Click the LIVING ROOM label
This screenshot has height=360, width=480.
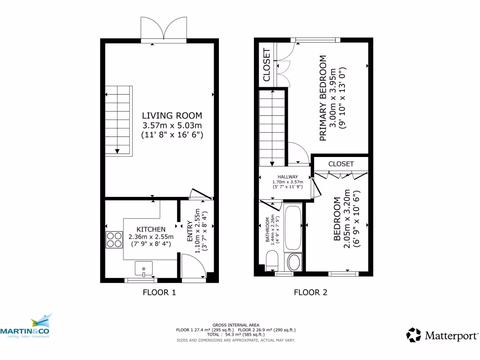(x=172, y=116)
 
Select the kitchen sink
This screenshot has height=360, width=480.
(x=144, y=269)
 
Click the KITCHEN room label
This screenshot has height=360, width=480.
(x=151, y=229)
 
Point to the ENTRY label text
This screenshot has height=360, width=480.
(x=190, y=232)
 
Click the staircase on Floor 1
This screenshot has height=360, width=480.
(x=118, y=120)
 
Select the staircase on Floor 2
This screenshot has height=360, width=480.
(x=272, y=128)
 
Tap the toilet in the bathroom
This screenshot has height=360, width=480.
(x=272, y=261)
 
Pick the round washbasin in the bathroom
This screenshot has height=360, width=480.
(x=294, y=262)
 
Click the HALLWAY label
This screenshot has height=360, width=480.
(x=287, y=177)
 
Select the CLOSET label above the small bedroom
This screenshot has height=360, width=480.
(x=341, y=164)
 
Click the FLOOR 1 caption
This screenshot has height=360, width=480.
(x=159, y=293)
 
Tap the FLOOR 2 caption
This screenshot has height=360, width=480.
(x=310, y=293)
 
